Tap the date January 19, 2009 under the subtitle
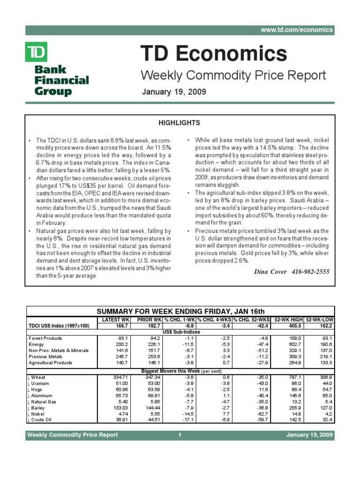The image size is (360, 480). pos(173,91)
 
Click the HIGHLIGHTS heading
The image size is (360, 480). pos(180,123)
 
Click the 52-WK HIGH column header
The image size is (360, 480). pos(288,319)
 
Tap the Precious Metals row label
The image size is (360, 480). pos(50,356)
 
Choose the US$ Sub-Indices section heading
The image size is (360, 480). pos(180,331)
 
